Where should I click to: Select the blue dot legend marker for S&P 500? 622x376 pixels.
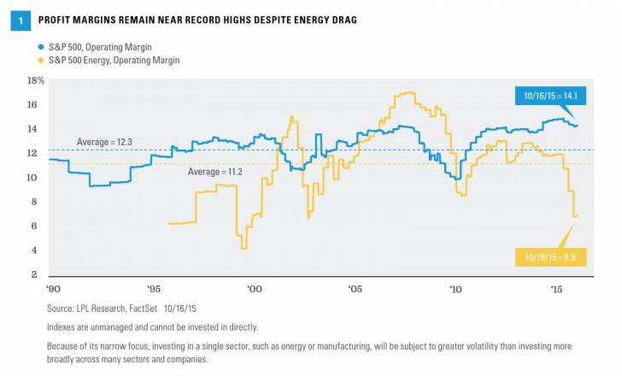click(41, 45)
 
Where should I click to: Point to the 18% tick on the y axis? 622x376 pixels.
click(36, 80)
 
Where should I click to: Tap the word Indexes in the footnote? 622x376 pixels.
click(63, 326)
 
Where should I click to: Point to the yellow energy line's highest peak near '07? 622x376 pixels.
click(412, 92)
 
